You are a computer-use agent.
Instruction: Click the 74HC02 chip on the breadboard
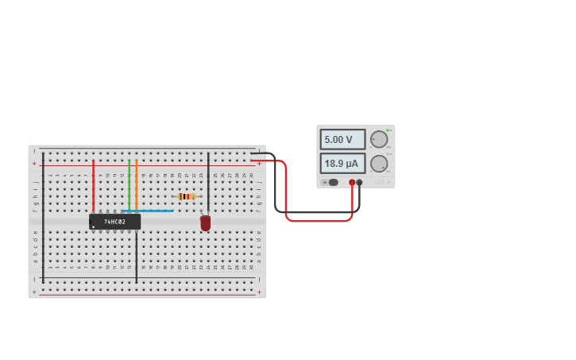pyautogui.click(x=115, y=222)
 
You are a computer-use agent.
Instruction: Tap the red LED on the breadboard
pyautogui.click(x=206, y=223)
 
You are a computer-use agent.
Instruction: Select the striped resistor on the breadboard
pyautogui.click(x=187, y=196)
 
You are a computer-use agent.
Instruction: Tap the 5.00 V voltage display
pyautogui.click(x=342, y=139)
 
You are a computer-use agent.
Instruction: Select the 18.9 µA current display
pyautogui.click(x=342, y=164)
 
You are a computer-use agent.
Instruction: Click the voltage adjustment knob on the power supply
pyautogui.click(x=379, y=139)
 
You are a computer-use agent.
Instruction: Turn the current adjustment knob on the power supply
pyautogui.click(x=379, y=164)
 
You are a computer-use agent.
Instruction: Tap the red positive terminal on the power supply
pyautogui.click(x=352, y=182)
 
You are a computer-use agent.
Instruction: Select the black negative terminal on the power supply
pyautogui.click(x=360, y=182)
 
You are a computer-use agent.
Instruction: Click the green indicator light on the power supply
pyautogui.click(x=388, y=130)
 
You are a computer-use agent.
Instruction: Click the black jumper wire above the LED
pyautogui.click(x=208, y=183)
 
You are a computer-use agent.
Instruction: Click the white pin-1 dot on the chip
pyautogui.click(x=94, y=226)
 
